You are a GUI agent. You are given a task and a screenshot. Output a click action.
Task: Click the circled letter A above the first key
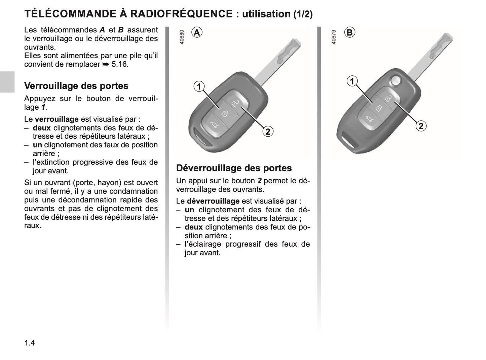point(197,32)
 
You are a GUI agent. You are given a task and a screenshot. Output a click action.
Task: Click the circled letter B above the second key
point(349,32)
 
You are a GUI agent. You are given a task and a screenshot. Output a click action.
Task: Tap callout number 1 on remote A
point(199,86)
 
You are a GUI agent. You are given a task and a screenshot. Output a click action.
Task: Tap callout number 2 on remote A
point(268,131)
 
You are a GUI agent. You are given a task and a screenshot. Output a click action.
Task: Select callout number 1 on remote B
point(352,81)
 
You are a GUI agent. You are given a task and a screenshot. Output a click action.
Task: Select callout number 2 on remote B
point(421,126)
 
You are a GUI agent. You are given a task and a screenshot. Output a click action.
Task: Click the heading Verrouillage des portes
point(76,86)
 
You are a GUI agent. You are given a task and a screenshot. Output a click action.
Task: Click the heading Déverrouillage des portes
point(234,168)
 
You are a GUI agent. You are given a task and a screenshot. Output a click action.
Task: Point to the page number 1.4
point(30,343)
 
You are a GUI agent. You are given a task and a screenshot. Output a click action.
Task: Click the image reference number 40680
point(182,37)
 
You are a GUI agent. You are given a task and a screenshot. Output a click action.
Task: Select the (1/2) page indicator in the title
point(303,14)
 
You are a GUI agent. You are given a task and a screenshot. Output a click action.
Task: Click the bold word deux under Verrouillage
point(42,128)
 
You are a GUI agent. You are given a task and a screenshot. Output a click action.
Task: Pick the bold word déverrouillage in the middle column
point(213,201)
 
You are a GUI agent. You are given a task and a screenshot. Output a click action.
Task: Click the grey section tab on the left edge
point(7,82)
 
